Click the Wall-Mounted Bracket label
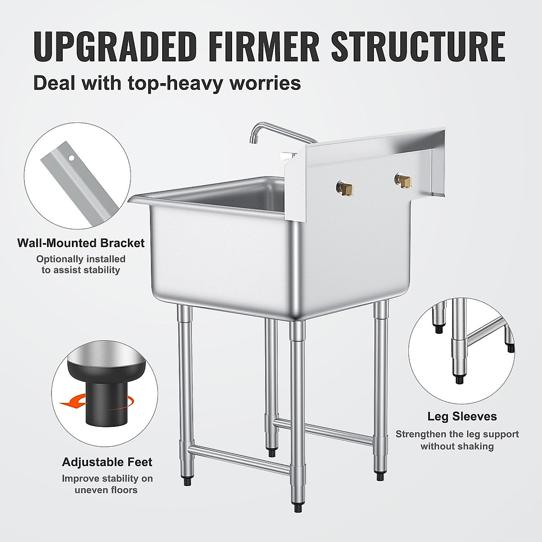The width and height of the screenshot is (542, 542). (81, 243)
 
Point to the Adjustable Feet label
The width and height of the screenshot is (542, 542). (107, 462)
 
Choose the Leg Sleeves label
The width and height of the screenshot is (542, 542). (462, 416)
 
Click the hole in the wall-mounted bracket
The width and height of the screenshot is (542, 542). (71, 158)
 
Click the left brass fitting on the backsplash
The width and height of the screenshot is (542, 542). (346, 187)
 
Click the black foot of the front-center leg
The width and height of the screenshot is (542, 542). (298, 509)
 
